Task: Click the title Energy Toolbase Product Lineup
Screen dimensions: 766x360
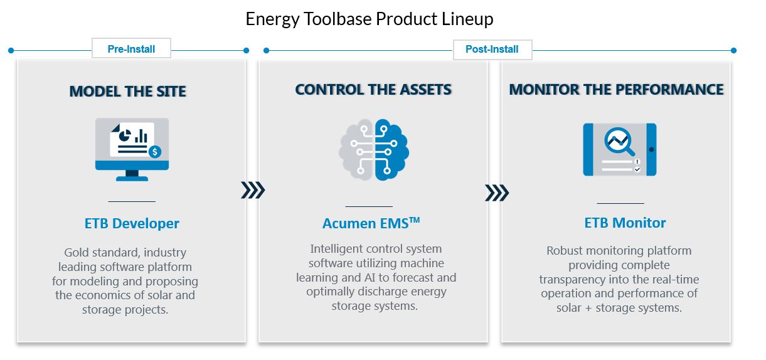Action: pyautogui.click(x=370, y=19)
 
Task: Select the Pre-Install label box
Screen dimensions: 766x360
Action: pyautogui.click(x=131, y=48)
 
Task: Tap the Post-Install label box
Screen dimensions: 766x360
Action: pyautogui.click(x=492, y=50)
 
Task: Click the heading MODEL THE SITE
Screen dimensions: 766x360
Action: pyautogui.click(x=128, y=92)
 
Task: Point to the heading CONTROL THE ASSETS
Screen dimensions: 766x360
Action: pyautogui.click(x=373, y=90)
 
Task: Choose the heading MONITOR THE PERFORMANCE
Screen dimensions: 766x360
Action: pyautogui.click(x=616, y=90)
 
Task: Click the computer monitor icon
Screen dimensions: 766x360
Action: pyautogui.click(x=132, y=149)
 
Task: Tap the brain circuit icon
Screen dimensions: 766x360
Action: pyautogui.click(x=374, y=150)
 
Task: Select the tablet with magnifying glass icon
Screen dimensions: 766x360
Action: pyautogui.click(x=620, y=149)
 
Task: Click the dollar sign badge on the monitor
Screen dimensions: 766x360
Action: pyautogui.click(x=155, y=151)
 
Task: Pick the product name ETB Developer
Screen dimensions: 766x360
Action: pyautogui.click(x=132, y=224)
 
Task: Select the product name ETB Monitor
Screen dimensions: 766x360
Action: pyautogui.click(x=625, y=223)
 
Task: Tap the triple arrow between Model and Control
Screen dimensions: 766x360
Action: pyautogui.click(x=253, y=191)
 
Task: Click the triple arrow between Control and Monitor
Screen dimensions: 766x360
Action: pyautogui.click(x=497, y=193)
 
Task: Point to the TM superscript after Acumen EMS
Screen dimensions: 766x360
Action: pyautogui.click(x=415, y=220)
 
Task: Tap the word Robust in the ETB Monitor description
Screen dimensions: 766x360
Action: pyautogui.click(x=565, y=251)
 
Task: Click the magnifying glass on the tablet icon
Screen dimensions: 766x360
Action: pyautogui.click(x=619, y=141)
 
